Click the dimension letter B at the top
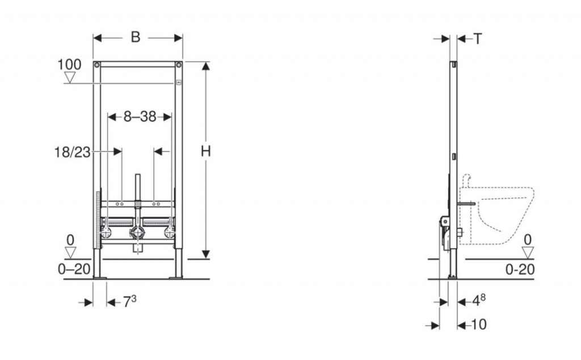136,37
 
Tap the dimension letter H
205,151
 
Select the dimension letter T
478,39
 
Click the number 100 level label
69,65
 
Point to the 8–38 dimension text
140,117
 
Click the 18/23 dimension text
73,152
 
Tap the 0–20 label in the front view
74,269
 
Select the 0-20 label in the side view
520,270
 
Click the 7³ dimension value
130,301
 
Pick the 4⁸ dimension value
478,300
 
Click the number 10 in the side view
479,325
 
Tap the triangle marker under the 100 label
70,77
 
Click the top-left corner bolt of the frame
96,65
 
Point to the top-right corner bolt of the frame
179,65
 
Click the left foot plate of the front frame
99,277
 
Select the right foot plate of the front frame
176,277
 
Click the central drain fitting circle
137,233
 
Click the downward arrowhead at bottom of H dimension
206,254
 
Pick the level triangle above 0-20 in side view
528,253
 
